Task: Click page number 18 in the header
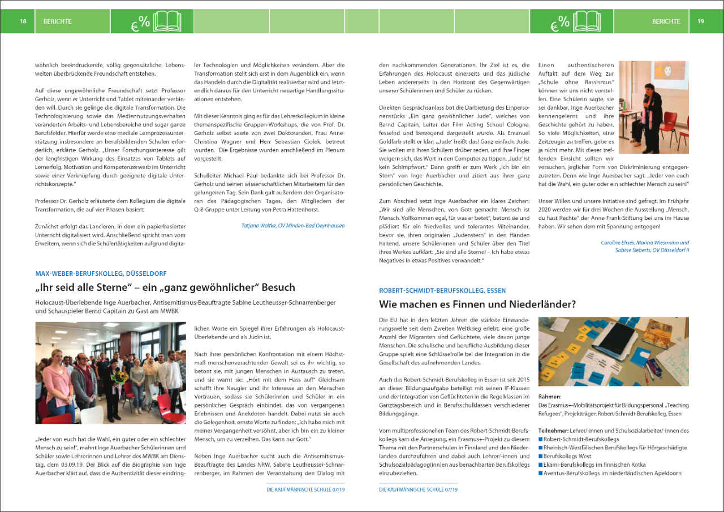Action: (x=23, y=21)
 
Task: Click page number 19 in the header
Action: (x=701, y=21)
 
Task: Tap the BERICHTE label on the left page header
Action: (x=57, y=21)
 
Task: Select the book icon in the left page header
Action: (x=168, y=21)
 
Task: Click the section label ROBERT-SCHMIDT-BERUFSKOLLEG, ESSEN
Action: (x=442, y=290)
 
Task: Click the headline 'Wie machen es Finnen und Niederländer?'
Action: (x=477, y=305)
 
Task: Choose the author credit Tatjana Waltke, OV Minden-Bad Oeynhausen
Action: (x=293, y=225)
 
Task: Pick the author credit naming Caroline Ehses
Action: (x=645, y=242)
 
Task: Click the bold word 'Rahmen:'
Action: (x=549, y=397)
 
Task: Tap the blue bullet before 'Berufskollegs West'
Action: (x=540, y=456)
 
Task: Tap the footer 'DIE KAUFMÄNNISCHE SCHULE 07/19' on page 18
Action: (x=305, y=490)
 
